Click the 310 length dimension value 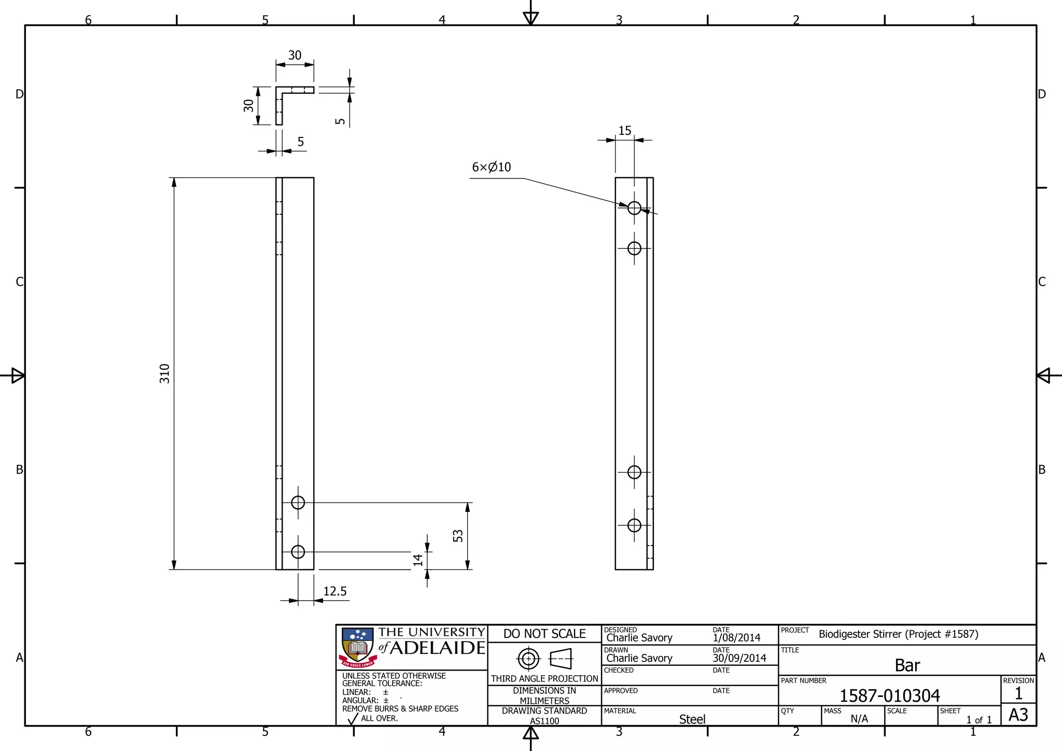(164, 373)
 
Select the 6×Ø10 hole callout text (491, 167)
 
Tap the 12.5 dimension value (334, 591)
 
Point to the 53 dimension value (458, 536)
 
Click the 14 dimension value (418, 560)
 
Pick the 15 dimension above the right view (625, 131)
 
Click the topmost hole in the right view (634, 208)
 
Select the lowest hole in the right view (634, 525)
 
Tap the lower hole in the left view (298, 552)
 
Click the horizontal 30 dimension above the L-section (295, 55)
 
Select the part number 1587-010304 (889, 696)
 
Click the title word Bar (907, 665)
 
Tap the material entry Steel (692, 719)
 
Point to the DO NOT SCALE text (544, 634)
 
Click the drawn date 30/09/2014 (739, 658)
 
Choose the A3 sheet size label (1018, 715)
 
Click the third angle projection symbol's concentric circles (528, 659)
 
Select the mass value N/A (859, 719)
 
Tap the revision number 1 (1018, 693)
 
